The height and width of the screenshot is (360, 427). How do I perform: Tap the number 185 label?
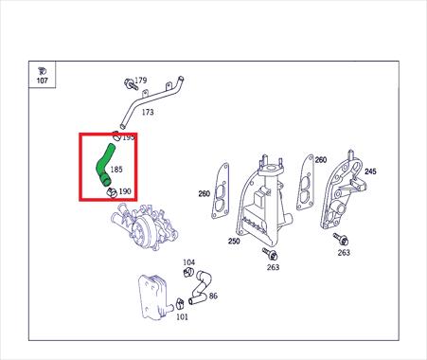pos(116,170)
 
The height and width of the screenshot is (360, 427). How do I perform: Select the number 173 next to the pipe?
pos(148,112)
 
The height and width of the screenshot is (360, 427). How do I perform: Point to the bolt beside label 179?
pos(130,84)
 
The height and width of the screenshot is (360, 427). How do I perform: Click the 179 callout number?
pos(141,81)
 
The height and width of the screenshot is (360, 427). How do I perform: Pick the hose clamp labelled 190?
pos(111,192)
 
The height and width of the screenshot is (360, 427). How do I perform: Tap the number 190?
pos(125,191)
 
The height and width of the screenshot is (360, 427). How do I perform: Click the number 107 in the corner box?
pos(43,81)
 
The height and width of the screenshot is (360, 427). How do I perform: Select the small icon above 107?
pos(42,71)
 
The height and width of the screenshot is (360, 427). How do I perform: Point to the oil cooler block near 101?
pos(153,296)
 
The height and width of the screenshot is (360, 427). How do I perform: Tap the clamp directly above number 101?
pos(180,304)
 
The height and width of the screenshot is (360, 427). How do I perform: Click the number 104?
pos(189,262)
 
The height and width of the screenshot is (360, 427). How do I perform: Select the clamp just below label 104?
pos(188,272)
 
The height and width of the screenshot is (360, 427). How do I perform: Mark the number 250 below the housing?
pos(234,242)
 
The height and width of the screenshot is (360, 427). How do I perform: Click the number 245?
pos(370,171)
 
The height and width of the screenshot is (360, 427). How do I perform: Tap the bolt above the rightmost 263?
pos(341,239)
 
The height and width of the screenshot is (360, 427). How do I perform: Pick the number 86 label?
pos(213,296)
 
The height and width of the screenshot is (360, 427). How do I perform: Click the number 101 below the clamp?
pos(182,316)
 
